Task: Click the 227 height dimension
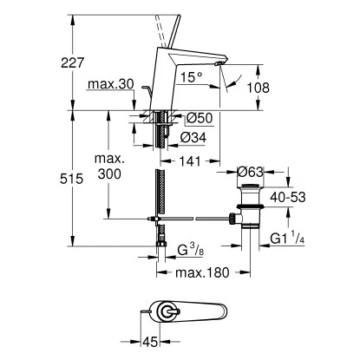click(72, 62)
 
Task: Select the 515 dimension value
click(71, 179)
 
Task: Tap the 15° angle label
click(191, 77)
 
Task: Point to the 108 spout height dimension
click(258, 88)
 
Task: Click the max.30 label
click(111, 84)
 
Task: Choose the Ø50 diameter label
click(200, 118)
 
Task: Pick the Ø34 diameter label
click(193, 138)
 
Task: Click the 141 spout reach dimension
click(190, 161)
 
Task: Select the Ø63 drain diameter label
click(250, 173)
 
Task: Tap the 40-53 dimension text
click(288, 197)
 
